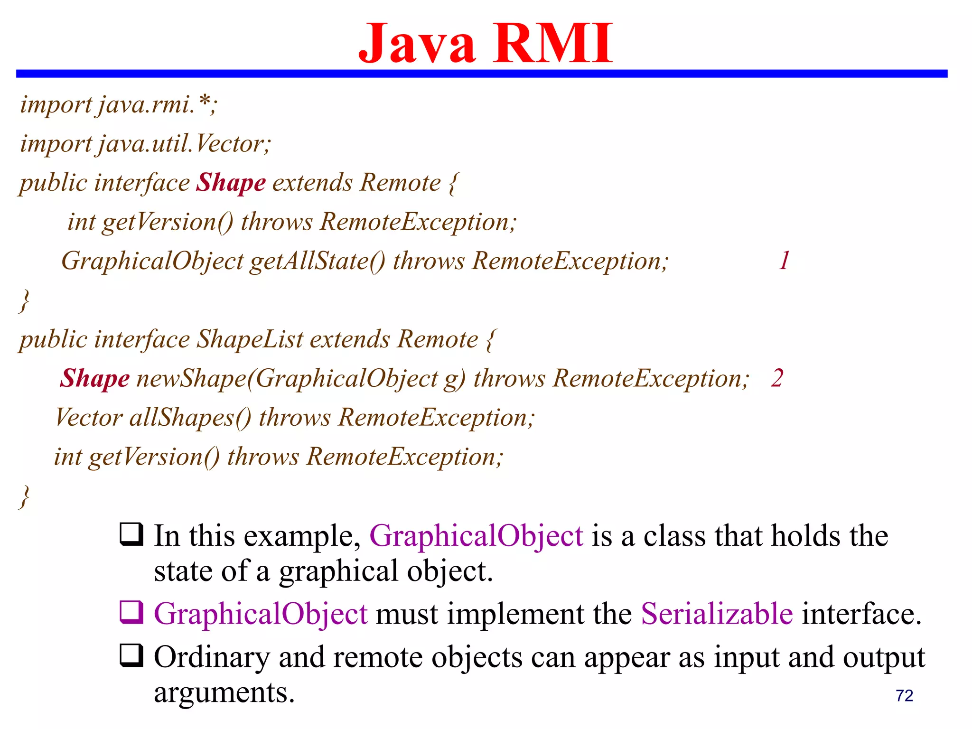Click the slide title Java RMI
[485, 44]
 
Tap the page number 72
[904, 696]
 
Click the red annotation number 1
[784, 261]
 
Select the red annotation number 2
[777, 378]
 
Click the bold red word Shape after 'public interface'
[231, 183]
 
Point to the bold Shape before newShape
[94, 379]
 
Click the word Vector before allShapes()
[89, 418]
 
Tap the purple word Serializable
[717, 614]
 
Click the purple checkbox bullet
[131, 612]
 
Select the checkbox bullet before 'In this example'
[131, 534]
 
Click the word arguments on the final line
[224, 693]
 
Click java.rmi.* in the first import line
[157, 104]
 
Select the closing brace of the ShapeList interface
[24, 497]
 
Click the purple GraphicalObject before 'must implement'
[261, 614]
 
